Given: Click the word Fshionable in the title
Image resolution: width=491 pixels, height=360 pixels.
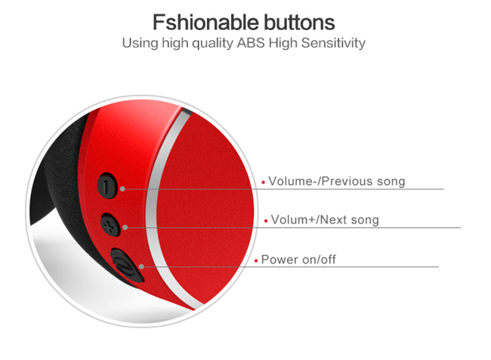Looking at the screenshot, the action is click(205, 22).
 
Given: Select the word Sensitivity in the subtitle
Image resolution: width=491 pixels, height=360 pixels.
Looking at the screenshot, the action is click(333, 43).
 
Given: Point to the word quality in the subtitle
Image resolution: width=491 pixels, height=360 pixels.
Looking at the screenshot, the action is click(213, 44).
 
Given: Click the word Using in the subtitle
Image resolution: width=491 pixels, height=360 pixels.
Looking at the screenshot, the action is click(141, 44).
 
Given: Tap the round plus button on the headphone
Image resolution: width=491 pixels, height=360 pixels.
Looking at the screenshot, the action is click(110, 225).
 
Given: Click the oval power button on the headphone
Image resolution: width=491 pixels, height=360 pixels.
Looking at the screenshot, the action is click(126, 265).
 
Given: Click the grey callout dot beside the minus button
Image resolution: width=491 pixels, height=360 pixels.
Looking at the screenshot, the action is click(122, 189).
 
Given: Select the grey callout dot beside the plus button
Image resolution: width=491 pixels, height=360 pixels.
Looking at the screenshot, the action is click(125, 227).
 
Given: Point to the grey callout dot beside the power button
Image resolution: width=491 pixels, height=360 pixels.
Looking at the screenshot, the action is click(141, 266).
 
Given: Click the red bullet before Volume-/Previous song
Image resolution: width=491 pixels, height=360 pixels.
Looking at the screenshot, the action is click(264, 183).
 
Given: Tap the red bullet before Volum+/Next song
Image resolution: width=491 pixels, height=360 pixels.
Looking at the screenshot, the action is click(266, 221).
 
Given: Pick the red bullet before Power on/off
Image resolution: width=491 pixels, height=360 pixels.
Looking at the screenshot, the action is click(256, 260).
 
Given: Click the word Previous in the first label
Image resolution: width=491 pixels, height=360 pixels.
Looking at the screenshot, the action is click(347, 181).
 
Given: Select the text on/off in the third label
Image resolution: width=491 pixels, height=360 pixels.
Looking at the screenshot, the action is click(319, 260).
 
